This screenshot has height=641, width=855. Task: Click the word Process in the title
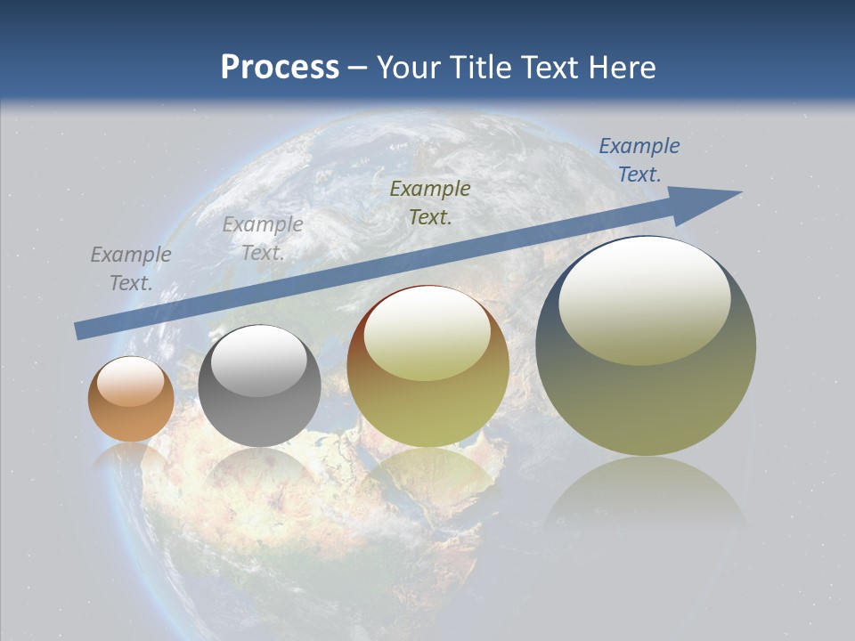point(280,68)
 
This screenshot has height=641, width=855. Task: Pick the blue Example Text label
point(639,160)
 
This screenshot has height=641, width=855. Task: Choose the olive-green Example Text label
point(430,202)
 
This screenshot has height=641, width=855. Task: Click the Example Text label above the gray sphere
point(262,238)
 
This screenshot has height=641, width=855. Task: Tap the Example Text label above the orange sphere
point(130,268)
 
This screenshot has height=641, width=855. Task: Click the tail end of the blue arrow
point(80,331)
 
